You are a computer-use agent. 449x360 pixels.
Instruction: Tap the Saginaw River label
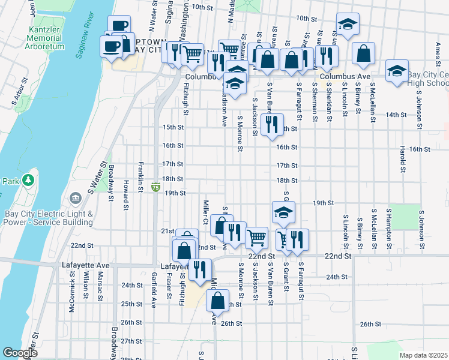coord(88,41)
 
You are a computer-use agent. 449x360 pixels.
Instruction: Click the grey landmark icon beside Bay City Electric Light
coord(76,198)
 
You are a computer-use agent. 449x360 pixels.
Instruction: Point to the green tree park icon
coord(28,180)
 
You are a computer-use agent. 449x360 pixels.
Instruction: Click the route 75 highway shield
coord(155,188)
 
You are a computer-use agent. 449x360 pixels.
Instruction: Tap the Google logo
coord(19,353)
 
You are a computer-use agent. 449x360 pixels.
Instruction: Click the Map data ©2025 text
coord(424,355)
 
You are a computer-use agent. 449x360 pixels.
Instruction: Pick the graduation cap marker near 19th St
coord(283,212)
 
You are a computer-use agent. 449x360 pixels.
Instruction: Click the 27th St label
coord(130,341)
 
